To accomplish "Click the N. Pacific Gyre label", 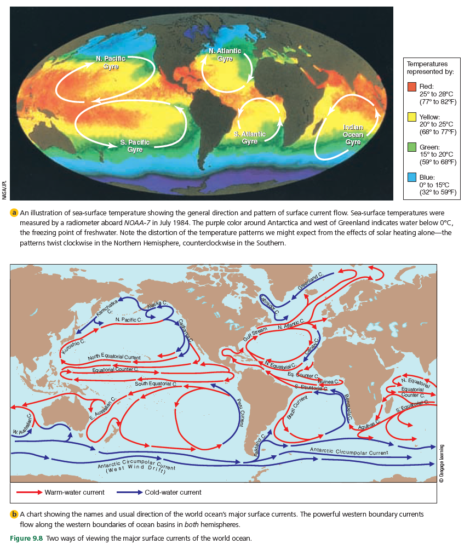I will [x=108, y=62].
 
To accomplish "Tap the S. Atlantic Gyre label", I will [x=250, y=138].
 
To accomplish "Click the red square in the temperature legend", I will [x=412, y=87].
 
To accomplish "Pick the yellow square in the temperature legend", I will [x=412, y=117].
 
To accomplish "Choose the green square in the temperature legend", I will [x=412, y=147].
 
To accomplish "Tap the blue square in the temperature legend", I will [x=412, y=178].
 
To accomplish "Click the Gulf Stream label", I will [x=255, y=335].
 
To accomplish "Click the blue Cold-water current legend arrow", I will [x=129, y=492].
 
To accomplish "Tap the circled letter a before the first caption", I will [x=14, y=212].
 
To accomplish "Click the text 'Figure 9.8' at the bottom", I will [x=26, y=537].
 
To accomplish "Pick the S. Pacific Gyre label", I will [x=135, y=146].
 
